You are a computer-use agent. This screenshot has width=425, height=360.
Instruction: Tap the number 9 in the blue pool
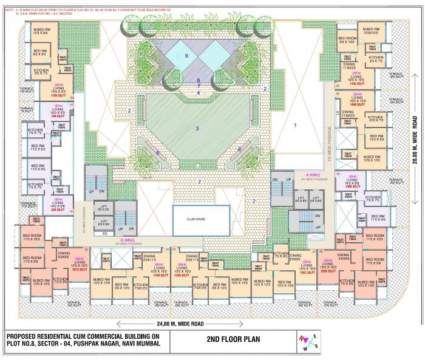[x=186, y=56]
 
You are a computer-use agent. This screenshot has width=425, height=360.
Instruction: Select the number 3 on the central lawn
[x=197, y=129]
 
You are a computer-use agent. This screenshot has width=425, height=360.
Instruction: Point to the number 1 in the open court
[x=296, y=125]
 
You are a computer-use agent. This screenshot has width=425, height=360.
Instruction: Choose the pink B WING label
[x=127, y=239]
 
